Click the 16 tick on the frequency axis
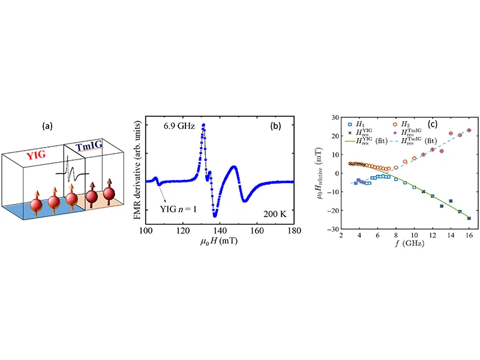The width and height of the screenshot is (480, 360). click(x=469, y=235)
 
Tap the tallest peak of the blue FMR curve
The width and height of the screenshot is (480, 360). click(x=203, y=125)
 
